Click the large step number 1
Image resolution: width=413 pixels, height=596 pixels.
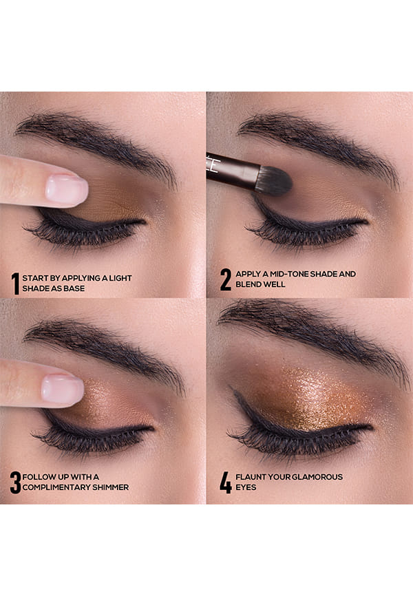[15, 283]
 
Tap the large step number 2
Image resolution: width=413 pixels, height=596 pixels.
[226, 279]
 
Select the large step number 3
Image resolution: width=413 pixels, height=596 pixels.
[15, 482]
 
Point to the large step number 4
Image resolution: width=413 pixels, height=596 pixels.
[226, 482]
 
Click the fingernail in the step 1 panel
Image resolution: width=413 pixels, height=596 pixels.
[66, 189]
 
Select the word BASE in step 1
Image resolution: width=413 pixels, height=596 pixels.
[74, 288]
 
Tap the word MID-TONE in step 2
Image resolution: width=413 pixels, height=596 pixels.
[289, 274]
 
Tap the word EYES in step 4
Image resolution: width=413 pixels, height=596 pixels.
[246, 487]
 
